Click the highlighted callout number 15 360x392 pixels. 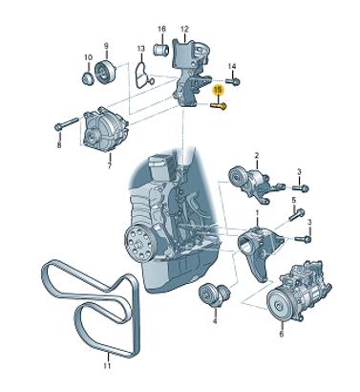point(218,90)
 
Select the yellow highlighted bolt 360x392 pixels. point(219,105)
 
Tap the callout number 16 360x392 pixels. point(161,29)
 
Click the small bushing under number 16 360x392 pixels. point(161,49)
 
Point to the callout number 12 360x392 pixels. point(184,29)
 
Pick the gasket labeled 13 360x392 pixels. point(142,75)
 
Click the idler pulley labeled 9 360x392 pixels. point(105,73)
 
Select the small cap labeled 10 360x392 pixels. point(87,78)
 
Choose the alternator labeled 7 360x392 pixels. point(105,131)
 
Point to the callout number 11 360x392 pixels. point(107,365)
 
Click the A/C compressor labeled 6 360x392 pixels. point(299,291)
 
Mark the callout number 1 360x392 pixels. point(258,212)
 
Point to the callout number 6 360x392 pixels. point(281,334)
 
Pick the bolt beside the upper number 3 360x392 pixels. point(301,187)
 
